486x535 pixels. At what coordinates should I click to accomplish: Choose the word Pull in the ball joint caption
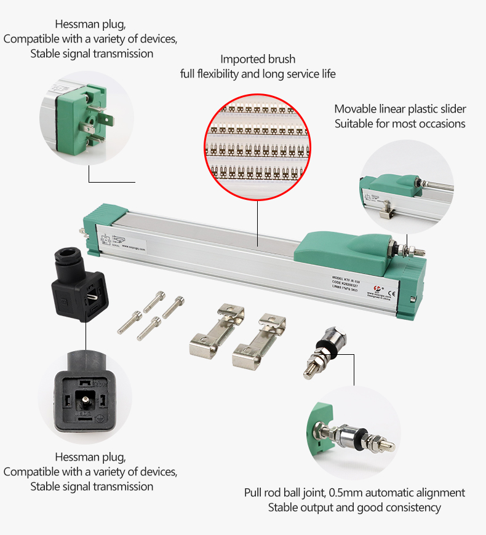253,493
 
